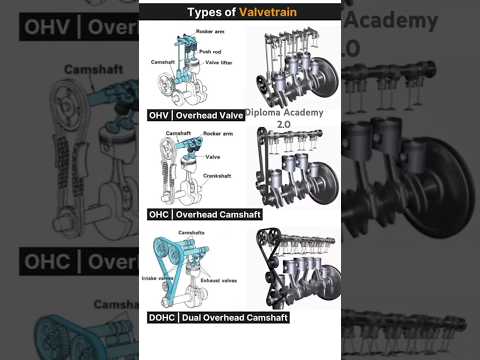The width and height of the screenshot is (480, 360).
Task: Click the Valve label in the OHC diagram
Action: pos(212,157)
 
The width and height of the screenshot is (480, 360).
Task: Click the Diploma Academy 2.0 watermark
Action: pos(284,118)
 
